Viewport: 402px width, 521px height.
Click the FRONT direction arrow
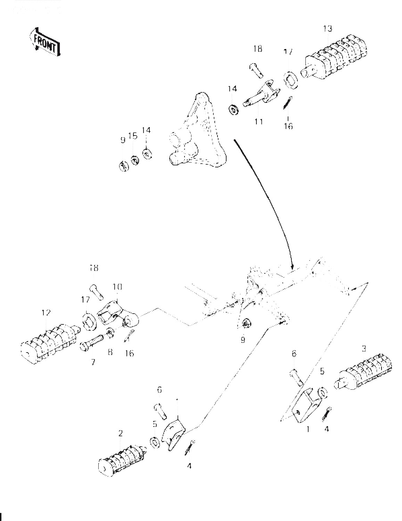pyautogui.click(x=44, y=43)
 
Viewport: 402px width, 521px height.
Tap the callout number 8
pyautogui.click(x=110, y=352)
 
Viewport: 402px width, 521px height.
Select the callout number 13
pyautogui.click(x=327, y=28)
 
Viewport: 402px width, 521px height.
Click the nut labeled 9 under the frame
pyautogui.click(x=246, y=323)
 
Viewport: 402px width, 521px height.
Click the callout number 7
pyautogui.click(x=93, y=362)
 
